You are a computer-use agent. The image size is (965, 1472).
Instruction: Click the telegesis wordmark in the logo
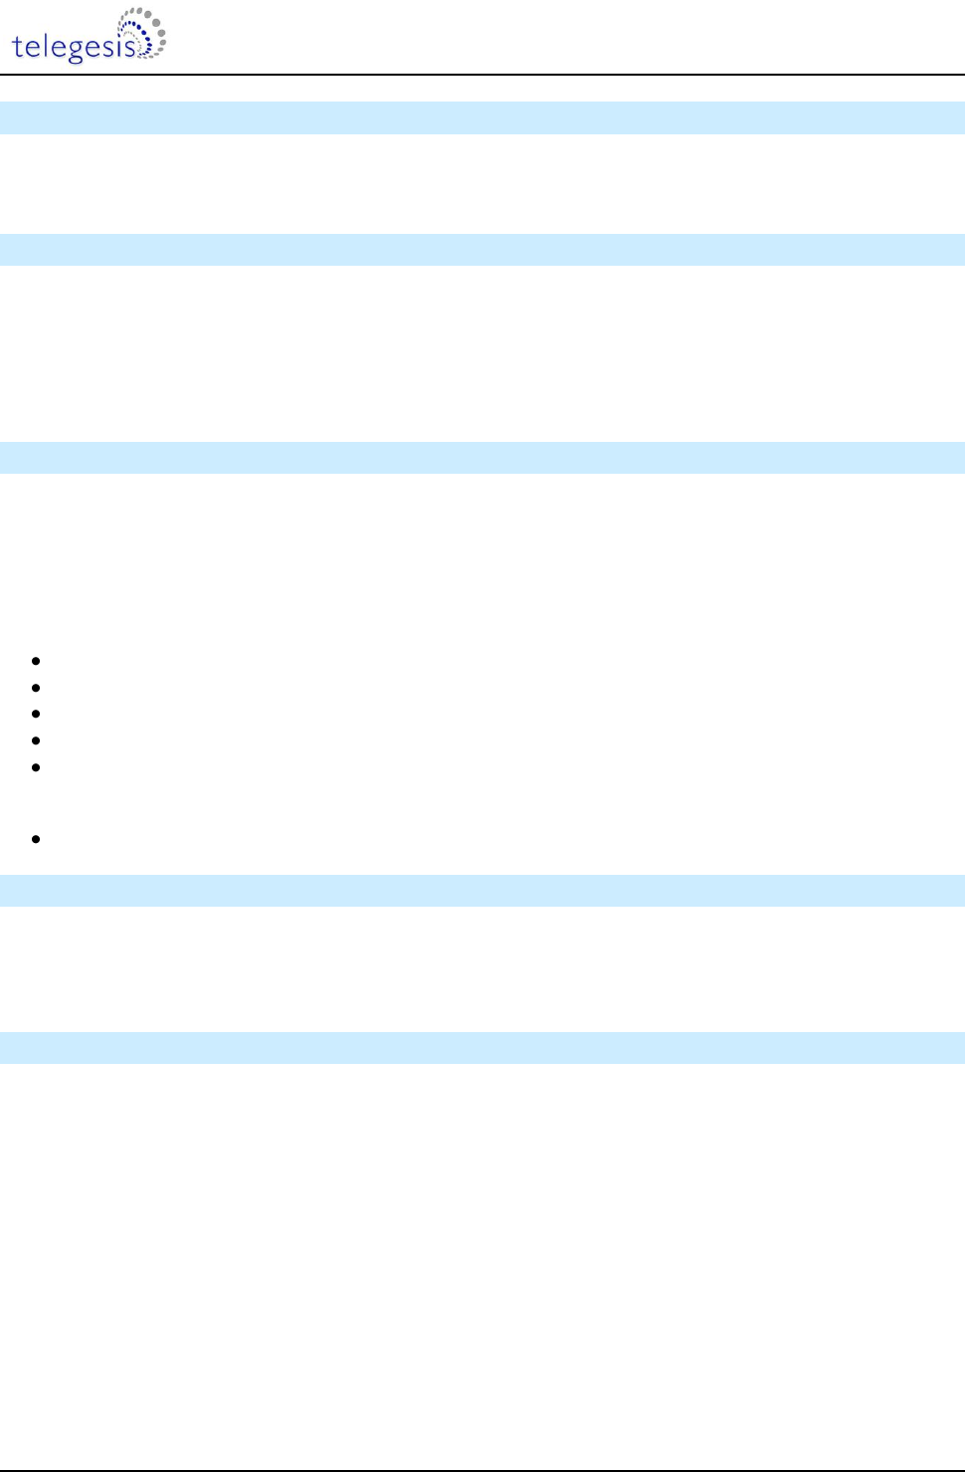[75, 47]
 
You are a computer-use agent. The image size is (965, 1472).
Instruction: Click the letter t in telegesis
[18, 46]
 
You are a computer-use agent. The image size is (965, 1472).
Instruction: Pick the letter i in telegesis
[121, 45]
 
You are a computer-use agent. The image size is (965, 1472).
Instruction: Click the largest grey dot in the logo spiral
[160, 32]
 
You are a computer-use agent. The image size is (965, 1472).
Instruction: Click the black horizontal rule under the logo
[482, 75]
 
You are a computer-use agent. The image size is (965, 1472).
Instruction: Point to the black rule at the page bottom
[482, 1469]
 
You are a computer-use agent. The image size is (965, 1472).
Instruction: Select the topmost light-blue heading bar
[482, 117]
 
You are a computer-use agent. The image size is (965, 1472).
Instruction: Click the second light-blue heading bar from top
[482, 250]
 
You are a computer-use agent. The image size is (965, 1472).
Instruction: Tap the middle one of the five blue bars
[482, 458]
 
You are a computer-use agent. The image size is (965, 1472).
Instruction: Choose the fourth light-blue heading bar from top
[482, 891]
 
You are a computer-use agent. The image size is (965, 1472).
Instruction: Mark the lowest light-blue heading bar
[482, 1048]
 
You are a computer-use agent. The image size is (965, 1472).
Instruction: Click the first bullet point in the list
[36, 661]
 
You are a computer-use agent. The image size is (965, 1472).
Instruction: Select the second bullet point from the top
[36, 688]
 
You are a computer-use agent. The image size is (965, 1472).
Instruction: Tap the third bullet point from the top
[36, 715]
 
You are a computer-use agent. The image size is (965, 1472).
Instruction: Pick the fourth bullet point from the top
[36, 741]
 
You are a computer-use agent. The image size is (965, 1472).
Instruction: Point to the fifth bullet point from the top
[36, 768]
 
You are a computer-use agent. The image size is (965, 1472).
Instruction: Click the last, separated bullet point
[36, 839]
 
